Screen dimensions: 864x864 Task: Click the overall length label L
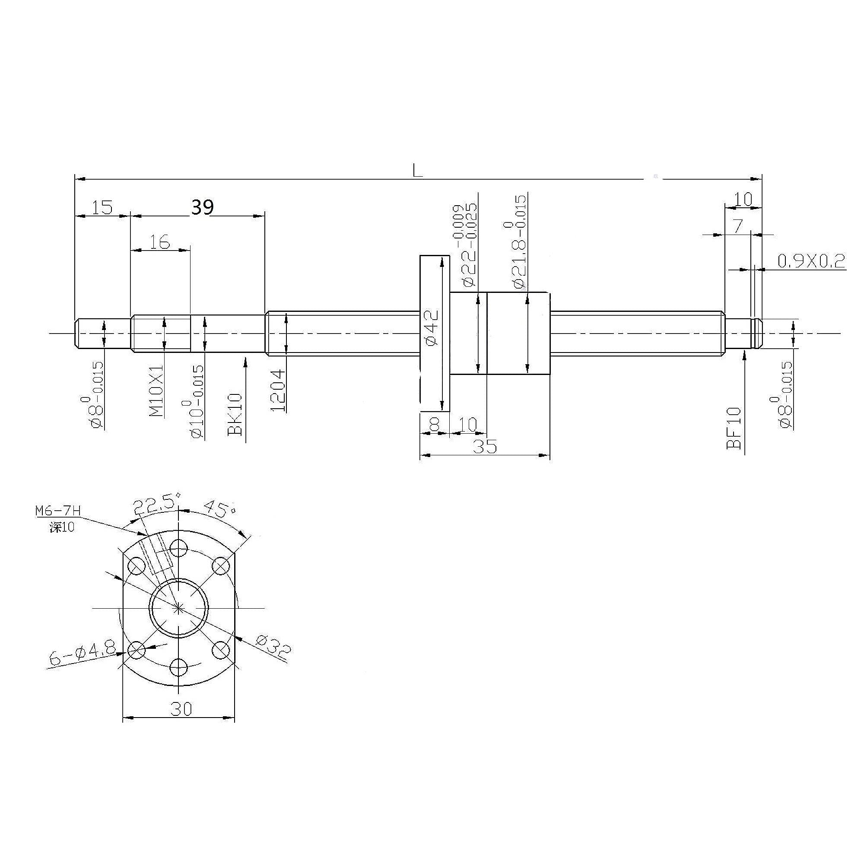point(417,170)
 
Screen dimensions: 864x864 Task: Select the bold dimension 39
point(202,207)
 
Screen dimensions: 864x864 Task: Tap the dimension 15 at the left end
point(102,207)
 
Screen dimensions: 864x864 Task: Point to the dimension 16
point(160,242)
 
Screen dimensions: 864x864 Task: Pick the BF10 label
point(734,428)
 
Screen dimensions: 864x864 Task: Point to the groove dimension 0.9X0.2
point(811,261)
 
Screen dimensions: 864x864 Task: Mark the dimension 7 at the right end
point(738,226)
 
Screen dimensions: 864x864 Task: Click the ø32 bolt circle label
point(273,648)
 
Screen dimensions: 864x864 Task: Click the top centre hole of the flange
point(179,546)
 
